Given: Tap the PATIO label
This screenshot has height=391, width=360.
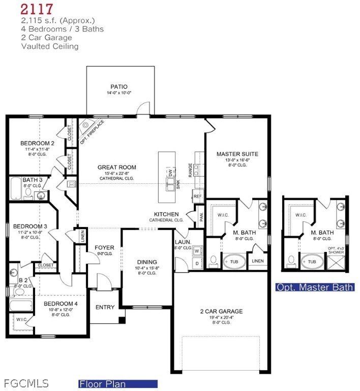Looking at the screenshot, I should coord(119,87).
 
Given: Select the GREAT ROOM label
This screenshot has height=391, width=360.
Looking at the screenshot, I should coord(117,167).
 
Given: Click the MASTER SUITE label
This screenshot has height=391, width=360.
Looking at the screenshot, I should coord(237,154).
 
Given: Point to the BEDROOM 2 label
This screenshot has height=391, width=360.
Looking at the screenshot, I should coord(37,143).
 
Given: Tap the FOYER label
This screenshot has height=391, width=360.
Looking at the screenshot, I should coord(105,248).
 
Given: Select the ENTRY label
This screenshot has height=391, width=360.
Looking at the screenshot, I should coord(105,307).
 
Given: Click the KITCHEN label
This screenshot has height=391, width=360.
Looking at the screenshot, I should coord(166,214).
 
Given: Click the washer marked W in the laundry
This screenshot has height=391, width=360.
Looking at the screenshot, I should coord(197,250).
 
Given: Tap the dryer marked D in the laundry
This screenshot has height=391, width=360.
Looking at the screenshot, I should coord(197,263).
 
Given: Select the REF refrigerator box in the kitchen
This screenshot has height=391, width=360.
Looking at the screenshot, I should coord(197,195).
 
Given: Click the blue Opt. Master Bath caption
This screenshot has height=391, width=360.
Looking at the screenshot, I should coord(315,287).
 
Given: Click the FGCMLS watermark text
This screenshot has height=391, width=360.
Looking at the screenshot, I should coord(26,382).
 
